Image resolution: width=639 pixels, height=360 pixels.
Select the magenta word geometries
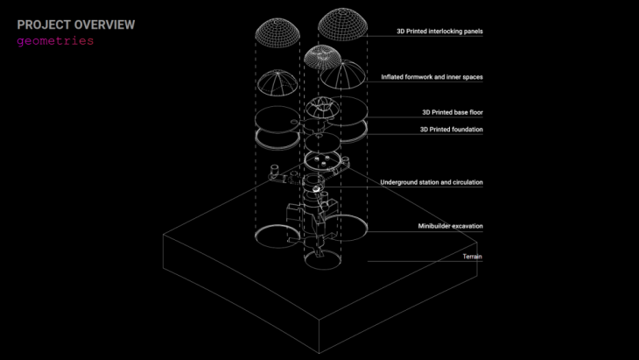tap(55, 41)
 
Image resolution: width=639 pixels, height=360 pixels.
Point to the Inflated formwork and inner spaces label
tap(432, 77)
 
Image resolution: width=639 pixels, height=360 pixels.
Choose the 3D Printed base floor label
tap(453, 112)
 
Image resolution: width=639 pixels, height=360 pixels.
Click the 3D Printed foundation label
tap(453, 130)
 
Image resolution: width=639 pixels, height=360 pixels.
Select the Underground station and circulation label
tap(432, 182)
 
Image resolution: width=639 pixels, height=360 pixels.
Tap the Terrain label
tap(473, 257)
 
